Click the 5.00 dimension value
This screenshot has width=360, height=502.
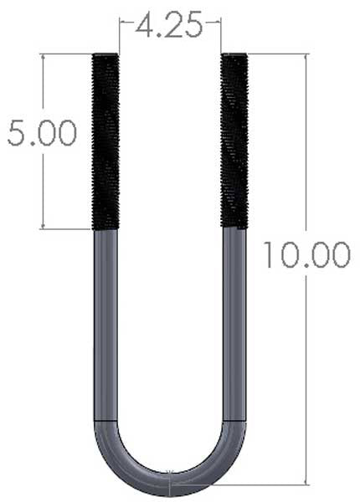point(42,134)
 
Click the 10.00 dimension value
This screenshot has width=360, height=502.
point(306,254)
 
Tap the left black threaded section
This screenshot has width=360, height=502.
point(105,141)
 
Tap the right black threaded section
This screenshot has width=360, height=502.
point(234,141)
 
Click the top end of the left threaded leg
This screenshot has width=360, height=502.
point(105,55)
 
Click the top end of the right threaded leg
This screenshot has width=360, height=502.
point(234,55)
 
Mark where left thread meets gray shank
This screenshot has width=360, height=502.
point(105,228)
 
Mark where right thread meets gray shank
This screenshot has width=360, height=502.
point(234,227)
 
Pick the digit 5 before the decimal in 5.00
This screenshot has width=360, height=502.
point(17,134)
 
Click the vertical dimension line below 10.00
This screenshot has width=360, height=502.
point(306,376)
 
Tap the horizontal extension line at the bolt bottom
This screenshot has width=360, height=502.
point(251,484)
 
